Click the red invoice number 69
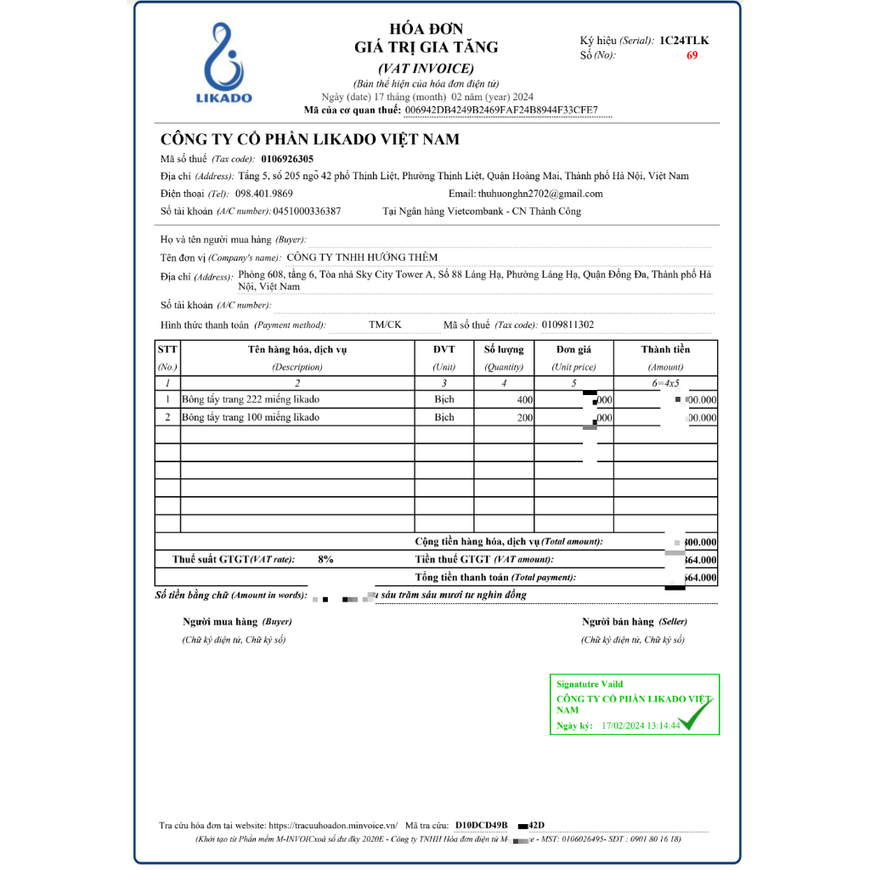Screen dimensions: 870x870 click(x=692, y=56)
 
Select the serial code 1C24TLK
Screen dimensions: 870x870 click(x=684, y=40)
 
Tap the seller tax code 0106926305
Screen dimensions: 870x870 click(x=287, y=159)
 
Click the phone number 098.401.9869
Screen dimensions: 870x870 click(x=263, y=194)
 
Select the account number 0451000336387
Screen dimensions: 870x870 click(x=307, y=212)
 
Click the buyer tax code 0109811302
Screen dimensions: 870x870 click(x=567, y=325)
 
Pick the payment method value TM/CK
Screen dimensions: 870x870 click(x=386, y=325)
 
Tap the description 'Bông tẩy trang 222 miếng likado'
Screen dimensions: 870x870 click(x=251, y=399)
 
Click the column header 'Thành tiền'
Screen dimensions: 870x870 click(x=665, y=349)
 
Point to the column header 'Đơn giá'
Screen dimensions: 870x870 click(x=573, y=349)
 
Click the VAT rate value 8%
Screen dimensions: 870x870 click(x=325, y=560)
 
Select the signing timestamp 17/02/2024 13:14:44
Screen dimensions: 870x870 click(x=640, y=726)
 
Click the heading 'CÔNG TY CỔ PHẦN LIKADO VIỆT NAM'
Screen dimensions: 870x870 click(x=310, y=139)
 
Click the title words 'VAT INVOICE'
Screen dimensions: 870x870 click(x=426, y=69)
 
